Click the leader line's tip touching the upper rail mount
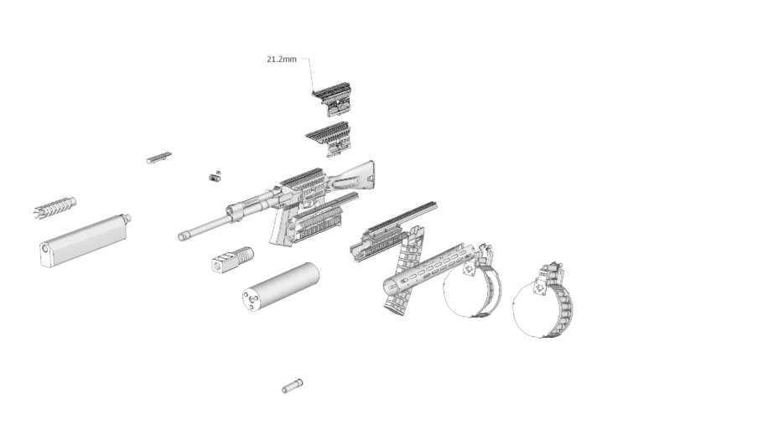pyautogui.click(x=313, y=92)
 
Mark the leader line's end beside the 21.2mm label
pyautogui.click(x=300, y=59)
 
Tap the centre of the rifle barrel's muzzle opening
pyautogui.click(x=182, y=237)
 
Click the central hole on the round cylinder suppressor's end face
pyautogui.click(x=251, y=300)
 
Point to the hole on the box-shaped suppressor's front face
pyautogui.click(x=44, y=249)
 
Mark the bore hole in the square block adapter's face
pyautogui.click(x=217, y=265)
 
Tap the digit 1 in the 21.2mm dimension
pyautogui.click(x=274, y=59)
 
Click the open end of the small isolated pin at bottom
pyautogui.click(x=285, y=389)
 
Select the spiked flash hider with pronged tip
pyautogui.click(x=54, y=208)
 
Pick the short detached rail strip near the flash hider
pyautogui.click(x=158, y=158)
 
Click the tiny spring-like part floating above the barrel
pyautogui.click(x=215, y=177)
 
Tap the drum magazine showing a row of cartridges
pyautogui.click(x=542, y=301)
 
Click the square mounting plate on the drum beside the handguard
pyautogui.click(x=470, y=269)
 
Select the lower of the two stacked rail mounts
pyautogui.click(x=329, y=138)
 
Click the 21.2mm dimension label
pyautogui.click(x=281, y=59)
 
